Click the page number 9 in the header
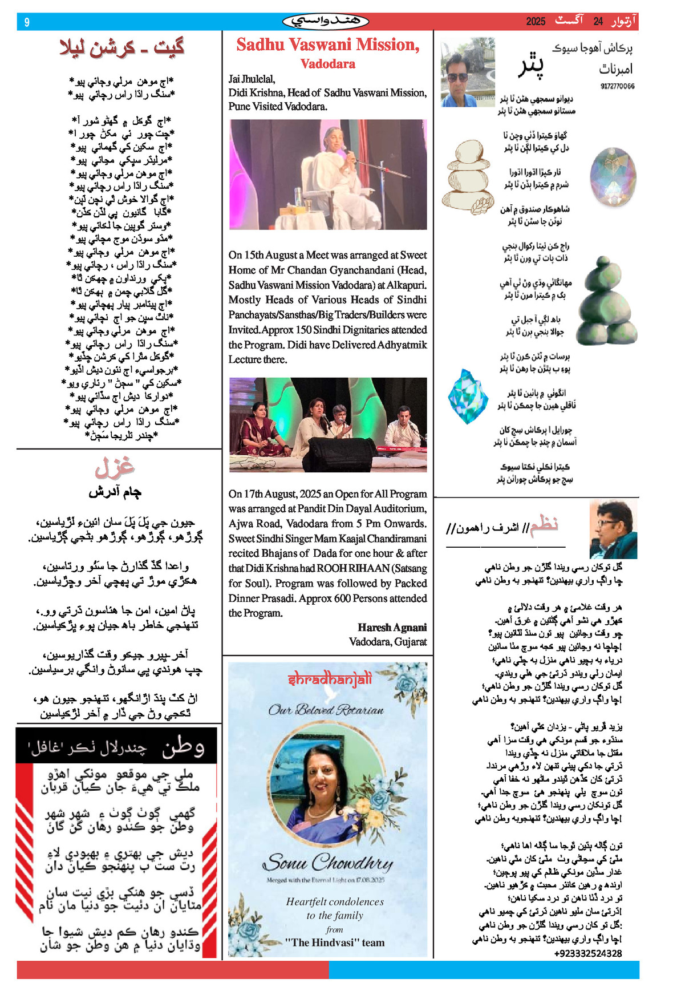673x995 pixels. [x=27, y=22]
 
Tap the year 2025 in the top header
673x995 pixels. [x=536, y=22]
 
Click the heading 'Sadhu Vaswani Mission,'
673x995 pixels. [x=328, y=45]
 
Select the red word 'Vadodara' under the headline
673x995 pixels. [x=328, y=64]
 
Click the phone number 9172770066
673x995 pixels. [x=617, y=86]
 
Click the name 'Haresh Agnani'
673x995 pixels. [x=392, y=627]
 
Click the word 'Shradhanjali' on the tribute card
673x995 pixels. [x=330, y=679]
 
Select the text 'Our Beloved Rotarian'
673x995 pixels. [x=326, y=710]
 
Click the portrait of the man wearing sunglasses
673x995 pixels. [x=467, y=72]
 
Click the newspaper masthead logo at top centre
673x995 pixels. [x=326, y=22]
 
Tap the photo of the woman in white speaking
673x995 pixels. [x=328, y=175]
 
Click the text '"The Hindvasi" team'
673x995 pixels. [x=335, y=943]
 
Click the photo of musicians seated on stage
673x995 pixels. [x=328, y=424]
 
